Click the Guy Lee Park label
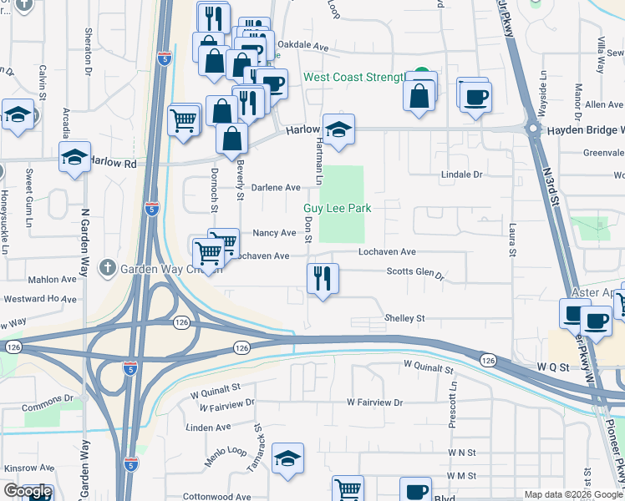pos(337,208)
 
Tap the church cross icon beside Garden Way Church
pos(107,268)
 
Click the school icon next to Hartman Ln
pos(338,129)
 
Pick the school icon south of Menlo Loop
pos(287,458)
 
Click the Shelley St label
pos(404,318)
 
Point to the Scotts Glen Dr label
pos(414,272)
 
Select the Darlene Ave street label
pos(276,188)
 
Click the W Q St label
pos(552,367)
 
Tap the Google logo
pos(28,491)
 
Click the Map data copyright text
pos(573,494)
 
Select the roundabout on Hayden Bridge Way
pos(533,129)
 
